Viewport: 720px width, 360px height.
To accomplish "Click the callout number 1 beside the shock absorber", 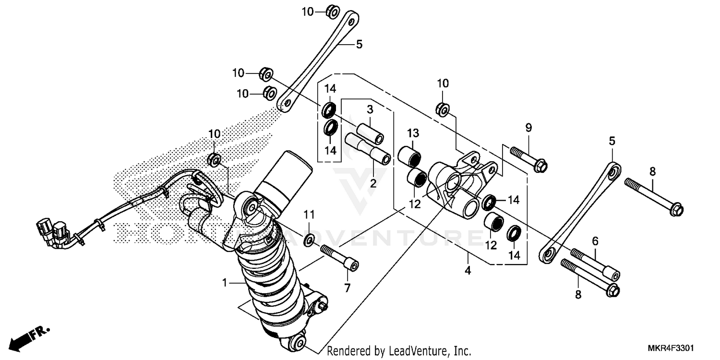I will (x=224, y=283).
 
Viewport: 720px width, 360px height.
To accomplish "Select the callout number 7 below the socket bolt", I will (x=347, y=288).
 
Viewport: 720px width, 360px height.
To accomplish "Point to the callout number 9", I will (x=528, y=128).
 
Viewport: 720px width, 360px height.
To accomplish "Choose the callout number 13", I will (x=413, y=132).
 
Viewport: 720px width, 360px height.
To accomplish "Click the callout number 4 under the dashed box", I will (x=468, y=271).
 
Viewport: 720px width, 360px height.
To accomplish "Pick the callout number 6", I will (x=595, y=241).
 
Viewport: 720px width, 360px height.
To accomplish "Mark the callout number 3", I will (x=370, y=109).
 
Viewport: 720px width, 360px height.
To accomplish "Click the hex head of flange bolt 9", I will (x=541, y=166).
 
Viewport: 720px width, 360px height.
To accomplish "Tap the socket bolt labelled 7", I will (x=340, y=258).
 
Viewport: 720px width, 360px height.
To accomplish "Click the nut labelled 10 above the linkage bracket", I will (x=443, y=109).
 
